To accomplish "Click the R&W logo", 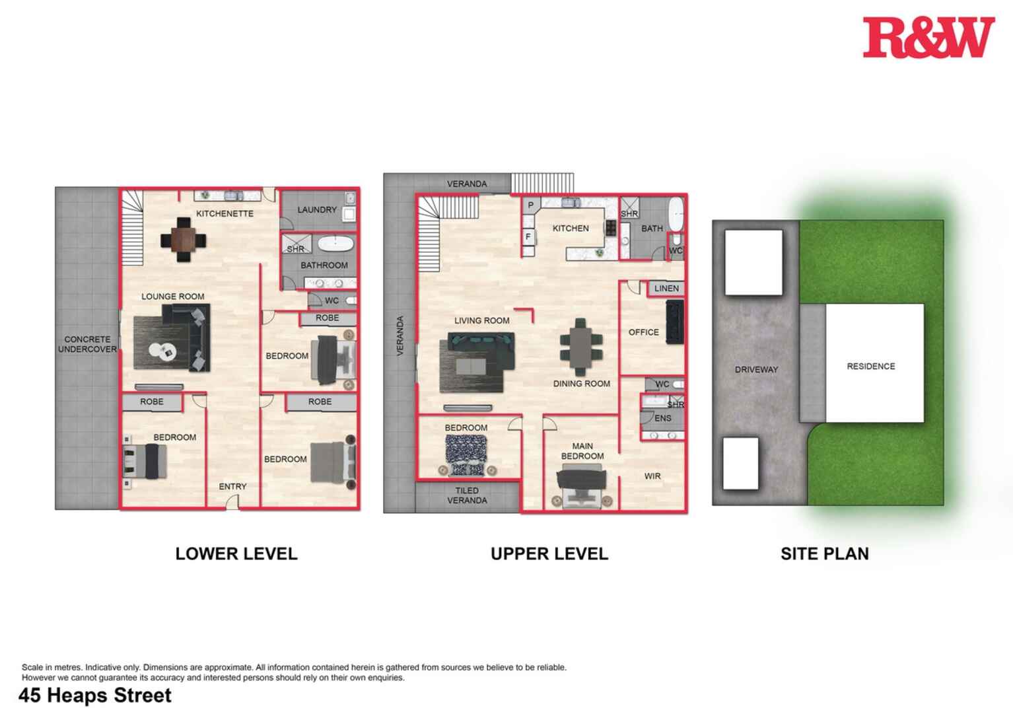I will point(928,37).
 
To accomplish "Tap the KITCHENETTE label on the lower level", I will point(225,213).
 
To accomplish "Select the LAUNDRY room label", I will point(317,209).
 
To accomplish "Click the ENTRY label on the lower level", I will point(232,486).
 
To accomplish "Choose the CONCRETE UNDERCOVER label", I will point(87,344).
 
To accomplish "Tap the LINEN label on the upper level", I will point(666,288).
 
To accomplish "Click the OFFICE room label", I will point(643,332).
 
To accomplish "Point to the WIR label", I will point(652,476).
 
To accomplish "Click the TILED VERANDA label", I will point(467,495).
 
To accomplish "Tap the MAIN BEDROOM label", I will point(582,451).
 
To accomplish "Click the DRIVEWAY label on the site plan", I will point(756,369).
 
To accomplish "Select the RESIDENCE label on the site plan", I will point(871,366).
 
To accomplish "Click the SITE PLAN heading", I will point(824,554).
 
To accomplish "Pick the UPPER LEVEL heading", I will point(549,554).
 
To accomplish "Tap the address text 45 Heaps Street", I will point(95,696).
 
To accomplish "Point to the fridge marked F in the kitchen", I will point(528,236).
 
